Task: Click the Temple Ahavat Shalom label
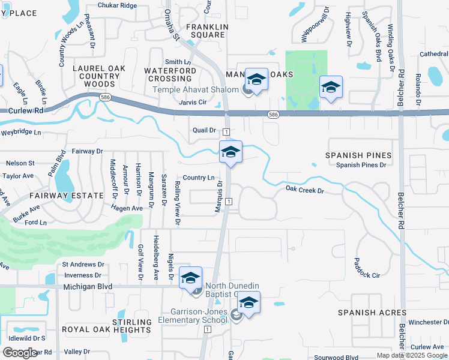(x=196, y=90)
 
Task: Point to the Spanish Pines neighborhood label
(x=358, y=155)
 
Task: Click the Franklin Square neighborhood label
(x=207, y=31)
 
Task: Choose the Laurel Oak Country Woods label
(x=99, y=76)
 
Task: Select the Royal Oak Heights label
(x=107, y=330)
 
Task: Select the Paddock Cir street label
(x=367, y=275)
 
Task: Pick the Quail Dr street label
(x=204, y=130)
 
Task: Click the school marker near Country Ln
(x=231, y=152)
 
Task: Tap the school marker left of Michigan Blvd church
(x=190, y=278)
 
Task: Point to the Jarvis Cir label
(x=192, y=103)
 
